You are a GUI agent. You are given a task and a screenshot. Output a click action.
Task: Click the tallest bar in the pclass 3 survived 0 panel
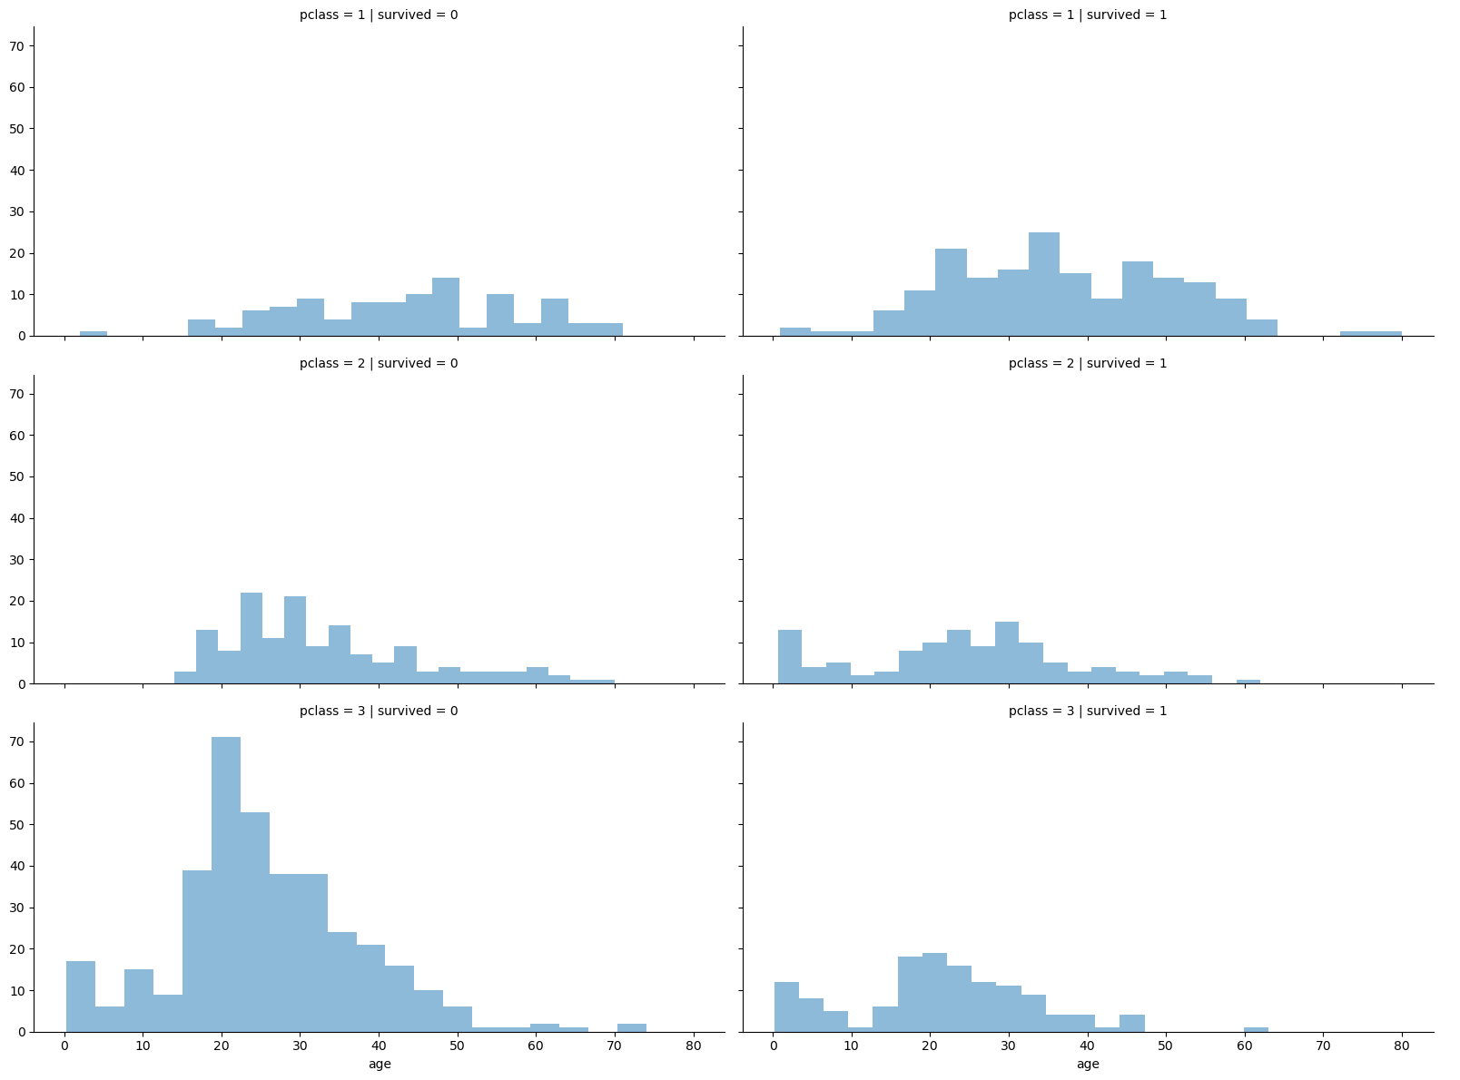point(226,885)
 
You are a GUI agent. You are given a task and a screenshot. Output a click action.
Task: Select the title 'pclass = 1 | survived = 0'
point(379,15)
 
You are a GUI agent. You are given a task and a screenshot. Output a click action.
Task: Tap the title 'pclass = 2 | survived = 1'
point(1088,363)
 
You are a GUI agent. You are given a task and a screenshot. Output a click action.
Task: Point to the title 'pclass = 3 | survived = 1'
point(1088,711)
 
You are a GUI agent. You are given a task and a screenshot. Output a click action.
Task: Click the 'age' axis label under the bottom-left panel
point(380,1064)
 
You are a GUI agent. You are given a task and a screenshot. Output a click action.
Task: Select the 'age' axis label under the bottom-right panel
point(1088,1064)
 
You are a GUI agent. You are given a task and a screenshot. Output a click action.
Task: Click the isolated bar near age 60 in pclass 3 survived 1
point(1256,1028)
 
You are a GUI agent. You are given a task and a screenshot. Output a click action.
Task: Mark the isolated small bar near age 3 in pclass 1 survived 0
point(94,334)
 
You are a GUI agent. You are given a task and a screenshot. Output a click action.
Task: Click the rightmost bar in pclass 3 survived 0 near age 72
point(632,1027)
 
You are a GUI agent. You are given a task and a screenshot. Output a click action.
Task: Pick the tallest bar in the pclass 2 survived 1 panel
point(1007,653)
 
